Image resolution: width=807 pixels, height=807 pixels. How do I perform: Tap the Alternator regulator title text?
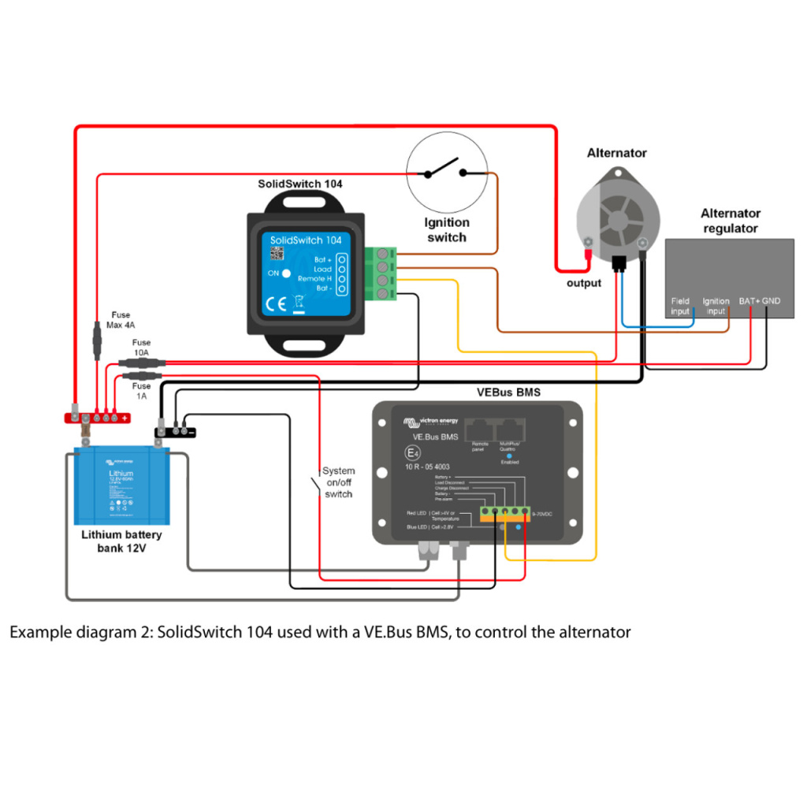pyautogui.click(x=730, y=221)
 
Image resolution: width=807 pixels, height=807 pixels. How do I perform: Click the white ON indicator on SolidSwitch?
pyautogui.click(x=287, y=273)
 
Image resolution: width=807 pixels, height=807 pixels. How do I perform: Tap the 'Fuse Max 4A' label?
pyautogui.click(x=121, y=320)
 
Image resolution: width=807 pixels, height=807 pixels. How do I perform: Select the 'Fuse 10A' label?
pyautogui.click(x=141, y=348)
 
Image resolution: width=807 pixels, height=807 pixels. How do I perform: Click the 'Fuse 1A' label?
pyautogui.click(x=141, y=392)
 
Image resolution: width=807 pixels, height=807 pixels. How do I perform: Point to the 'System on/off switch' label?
pyautogui.click(x=339, y=482)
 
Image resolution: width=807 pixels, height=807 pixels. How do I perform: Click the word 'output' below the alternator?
pyautogui.click(x=583, y=283)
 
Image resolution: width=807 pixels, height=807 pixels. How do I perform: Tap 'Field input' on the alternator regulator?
pyautogui.click(x=679, y=306)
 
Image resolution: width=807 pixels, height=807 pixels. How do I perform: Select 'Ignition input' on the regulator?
pyautogui.click(x=716, y=306)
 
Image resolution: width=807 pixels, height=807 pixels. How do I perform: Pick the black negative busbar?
pyautogui.click(x=175, y=430)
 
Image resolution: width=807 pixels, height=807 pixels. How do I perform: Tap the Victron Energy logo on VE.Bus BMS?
pyautogui.click(x=430, y=422)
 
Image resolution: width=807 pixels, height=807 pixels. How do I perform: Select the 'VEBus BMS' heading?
pyautogui.click(x=508, y=392)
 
